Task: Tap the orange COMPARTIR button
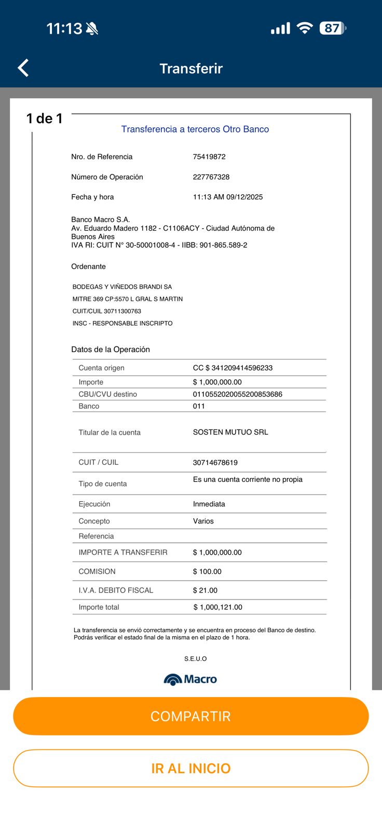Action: coord(190,716)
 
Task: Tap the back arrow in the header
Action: coord(23,68)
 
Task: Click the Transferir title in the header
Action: coord(191,69)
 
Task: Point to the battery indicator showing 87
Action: coord(332,28)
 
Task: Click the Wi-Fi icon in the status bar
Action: coord(305,28)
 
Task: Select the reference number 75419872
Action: coord(209,157)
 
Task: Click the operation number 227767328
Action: coord(211,177)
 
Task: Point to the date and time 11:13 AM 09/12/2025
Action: coord(228,197)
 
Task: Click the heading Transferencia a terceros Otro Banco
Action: coord(195,129)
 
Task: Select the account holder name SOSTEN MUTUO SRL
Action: coord(230,432)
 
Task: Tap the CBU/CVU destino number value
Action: coord(238,394)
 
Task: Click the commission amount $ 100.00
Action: coord(207,572)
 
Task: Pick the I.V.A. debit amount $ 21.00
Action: coord(205,591)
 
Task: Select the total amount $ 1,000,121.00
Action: coord(218,607)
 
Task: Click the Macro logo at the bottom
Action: coord(190,679)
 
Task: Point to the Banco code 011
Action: coord(199,406)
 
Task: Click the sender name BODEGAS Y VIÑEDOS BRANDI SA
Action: coord(122,287)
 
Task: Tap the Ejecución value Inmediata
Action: coord(209,504)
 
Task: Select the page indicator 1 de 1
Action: coord(45,119)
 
